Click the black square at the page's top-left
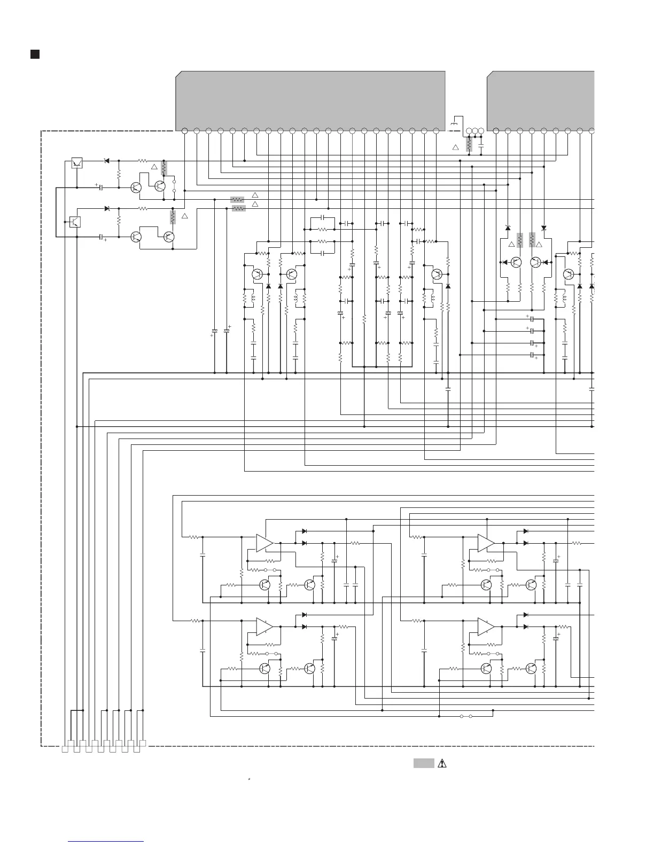pyautogui.click(x=35, y=54)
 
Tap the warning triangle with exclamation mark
pyautogui.click(x=441, y=763)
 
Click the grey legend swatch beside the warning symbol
pyautogui.click(x=423, y=763)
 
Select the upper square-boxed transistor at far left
pyautogui.click(x=77, y=163)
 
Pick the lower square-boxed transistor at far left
pyautogui.click(x=75, y=222)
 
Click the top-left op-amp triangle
pyautogui.click(x=264, y=543)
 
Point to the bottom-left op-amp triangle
pyautogui.click(x=264, y=626)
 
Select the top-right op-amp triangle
pyautogui.click(x=486, y=543)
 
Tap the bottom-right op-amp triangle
pyautogui.click(x=486, y=626)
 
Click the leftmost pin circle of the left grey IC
pyautogui.click(x=184, y=131)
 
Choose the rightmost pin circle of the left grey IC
pyautogui.click(x=436, y=131)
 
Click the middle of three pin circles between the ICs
pyautogui.click(x=475, y=131)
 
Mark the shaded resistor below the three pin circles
pyautogui.click(x=469, y=145)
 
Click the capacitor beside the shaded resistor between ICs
pyautogui.click(x=481, y=145)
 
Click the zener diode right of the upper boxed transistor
pyautogui.click(x=106, y=161)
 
